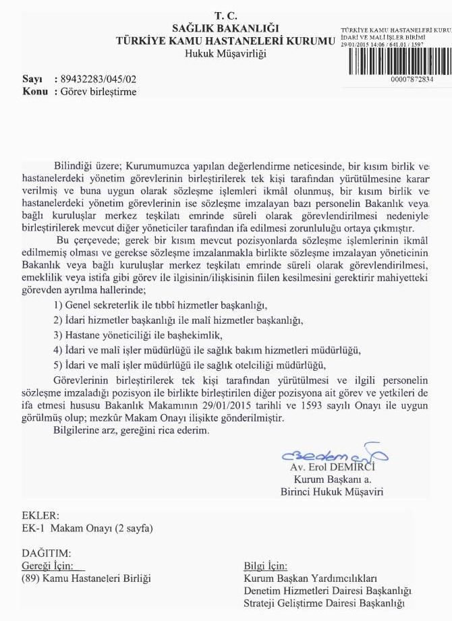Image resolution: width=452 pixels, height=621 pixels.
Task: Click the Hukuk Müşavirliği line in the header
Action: tap(225, 53)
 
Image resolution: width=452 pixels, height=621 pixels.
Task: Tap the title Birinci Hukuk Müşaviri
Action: tap(331, 492)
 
